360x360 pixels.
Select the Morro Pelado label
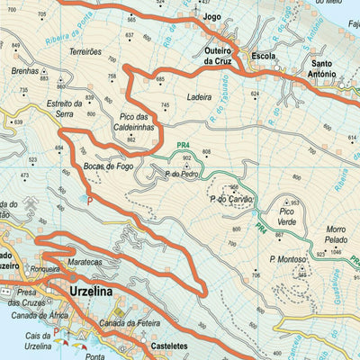[x=334, y=238]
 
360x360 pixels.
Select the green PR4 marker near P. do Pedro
[x=184, y=145]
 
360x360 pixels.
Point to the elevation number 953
[x=293, y=203]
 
